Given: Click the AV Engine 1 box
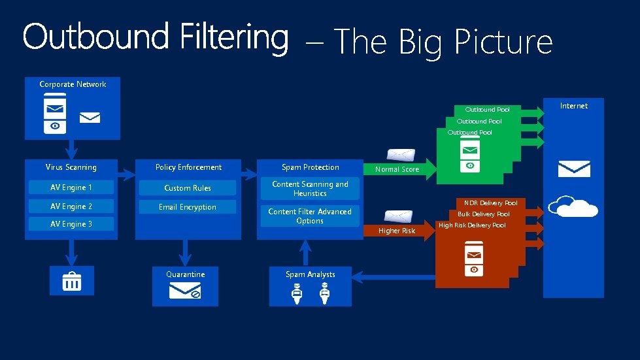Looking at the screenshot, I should (x=71, y=188).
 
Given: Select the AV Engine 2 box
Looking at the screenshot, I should (x=71, y=206).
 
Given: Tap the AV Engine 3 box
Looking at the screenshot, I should (x=71, y=224).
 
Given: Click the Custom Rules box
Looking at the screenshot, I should (x=187, y=188).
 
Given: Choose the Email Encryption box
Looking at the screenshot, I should (x=187, y=207).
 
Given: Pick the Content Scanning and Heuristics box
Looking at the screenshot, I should (x=310, y=189).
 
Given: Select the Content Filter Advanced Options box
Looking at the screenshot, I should (x=310, y=216).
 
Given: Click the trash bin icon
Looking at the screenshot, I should (x=72, y=282).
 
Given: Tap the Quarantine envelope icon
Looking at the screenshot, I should (x=185, y=291).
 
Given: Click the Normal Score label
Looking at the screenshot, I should (x=397, y=169).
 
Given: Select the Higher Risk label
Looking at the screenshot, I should (x=397, y=231).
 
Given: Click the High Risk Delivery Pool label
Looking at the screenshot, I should (x=471, y=225).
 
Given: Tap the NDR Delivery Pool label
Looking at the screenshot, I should (x=490, y=203).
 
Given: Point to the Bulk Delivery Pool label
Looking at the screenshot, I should (x=483, y=214).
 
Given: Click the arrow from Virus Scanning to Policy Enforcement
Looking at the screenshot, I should (x=126, y=174).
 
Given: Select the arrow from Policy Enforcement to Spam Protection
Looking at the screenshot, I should (x=248, y=174).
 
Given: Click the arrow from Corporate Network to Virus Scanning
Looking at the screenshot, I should (x=72, y=149).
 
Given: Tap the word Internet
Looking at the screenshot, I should (x=573, y=106).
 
